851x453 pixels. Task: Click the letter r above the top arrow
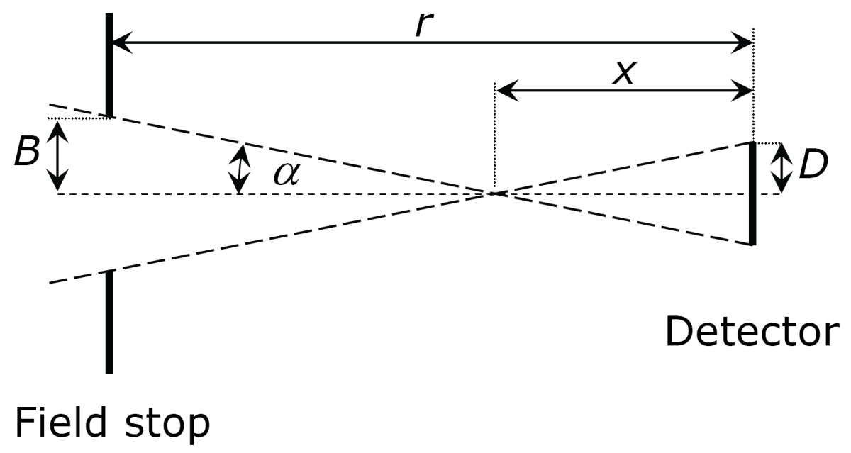pos(423,25)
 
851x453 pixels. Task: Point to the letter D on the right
pos(813,166)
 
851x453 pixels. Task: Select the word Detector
pos(751,331)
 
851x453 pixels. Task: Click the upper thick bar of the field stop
pos(109,65)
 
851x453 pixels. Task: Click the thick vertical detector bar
pos(752,194)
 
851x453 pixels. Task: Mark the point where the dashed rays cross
pos(494,193)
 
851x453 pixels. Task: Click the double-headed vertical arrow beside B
pos(57,155)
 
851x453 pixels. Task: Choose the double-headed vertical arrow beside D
pos(782,167)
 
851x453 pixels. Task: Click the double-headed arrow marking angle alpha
pos(240,169)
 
